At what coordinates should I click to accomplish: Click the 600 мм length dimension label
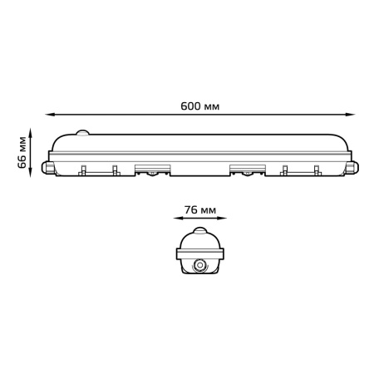(199, 106)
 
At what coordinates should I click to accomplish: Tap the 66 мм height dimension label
(22, 152)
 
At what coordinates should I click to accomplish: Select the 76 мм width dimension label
(200, 210)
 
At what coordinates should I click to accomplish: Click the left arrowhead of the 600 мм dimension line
(49, 115)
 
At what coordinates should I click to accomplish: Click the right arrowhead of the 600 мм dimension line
(351, 115)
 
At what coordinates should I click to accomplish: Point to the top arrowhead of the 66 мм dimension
(30, 132)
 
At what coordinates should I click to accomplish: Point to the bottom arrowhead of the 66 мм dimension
(30, 173)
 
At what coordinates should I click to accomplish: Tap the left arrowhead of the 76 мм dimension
(178, 219)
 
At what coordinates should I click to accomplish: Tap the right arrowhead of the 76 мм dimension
(222, 219)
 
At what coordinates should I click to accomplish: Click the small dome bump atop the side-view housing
(82, 133)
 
